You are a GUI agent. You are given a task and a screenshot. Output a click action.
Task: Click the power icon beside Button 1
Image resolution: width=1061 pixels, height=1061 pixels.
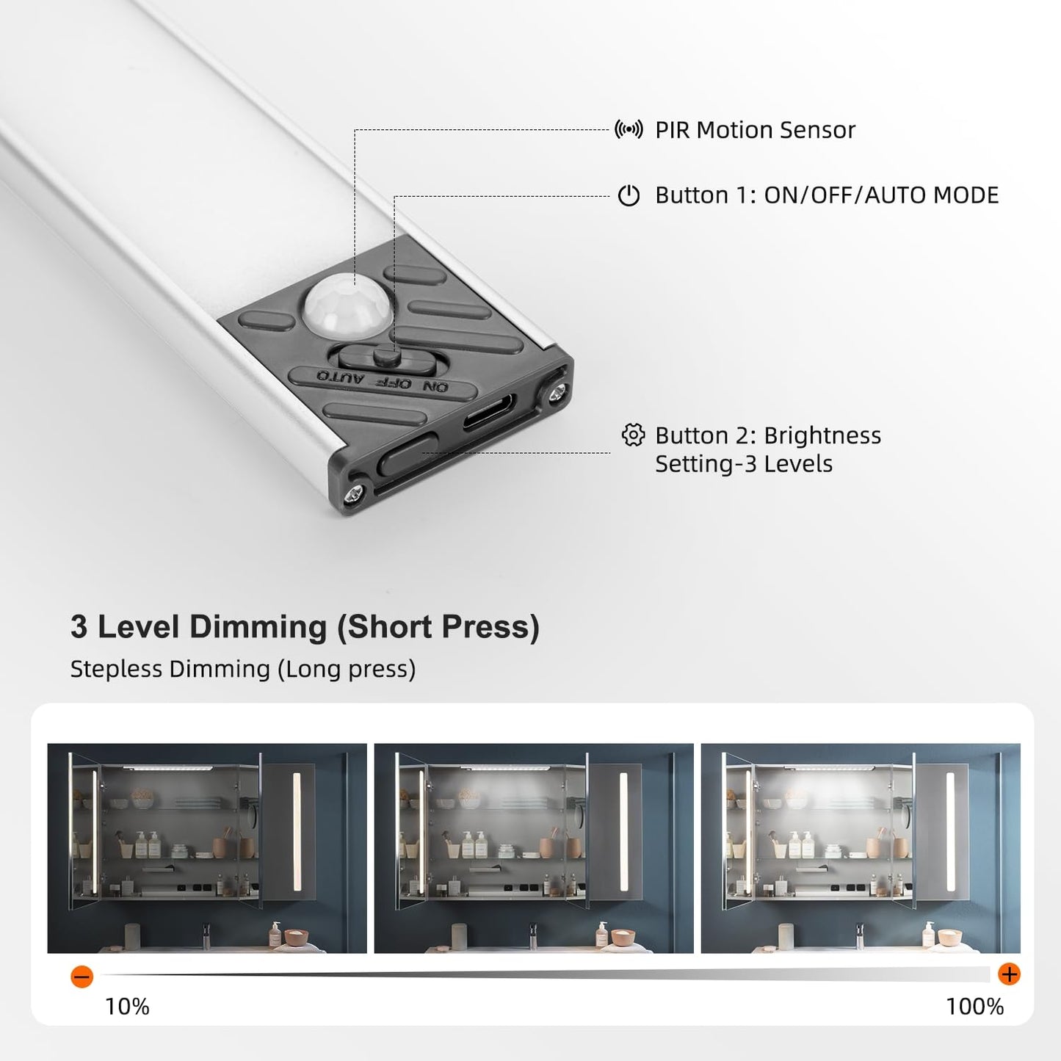(x=629, y=195)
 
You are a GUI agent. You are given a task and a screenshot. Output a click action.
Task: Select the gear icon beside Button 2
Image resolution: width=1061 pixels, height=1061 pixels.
(x=632, y=435)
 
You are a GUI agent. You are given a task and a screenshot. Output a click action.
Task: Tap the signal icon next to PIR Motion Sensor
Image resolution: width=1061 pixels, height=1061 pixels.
(x=629, y=130)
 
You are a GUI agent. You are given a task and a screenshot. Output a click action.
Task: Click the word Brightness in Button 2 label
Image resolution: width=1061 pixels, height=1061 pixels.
(x=822, y=435)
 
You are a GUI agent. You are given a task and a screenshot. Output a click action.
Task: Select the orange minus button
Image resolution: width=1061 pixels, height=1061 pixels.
(x=82, y=977)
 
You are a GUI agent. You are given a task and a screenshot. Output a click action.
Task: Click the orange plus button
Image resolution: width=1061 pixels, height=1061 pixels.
(x=1010, y=974)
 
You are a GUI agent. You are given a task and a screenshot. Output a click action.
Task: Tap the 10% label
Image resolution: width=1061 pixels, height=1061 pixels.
(x=127, y=1006)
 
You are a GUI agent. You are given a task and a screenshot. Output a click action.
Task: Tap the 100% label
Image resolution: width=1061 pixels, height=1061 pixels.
(x=974, y=1006)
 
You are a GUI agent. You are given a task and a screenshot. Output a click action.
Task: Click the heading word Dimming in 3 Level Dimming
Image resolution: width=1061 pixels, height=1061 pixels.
(x=258, y=627)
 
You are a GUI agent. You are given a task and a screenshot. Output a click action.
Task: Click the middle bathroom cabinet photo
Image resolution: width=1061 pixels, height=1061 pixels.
(x=533, y=848)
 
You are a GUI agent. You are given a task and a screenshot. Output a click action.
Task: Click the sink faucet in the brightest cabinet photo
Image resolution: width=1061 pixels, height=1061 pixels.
(x=859, y=935)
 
